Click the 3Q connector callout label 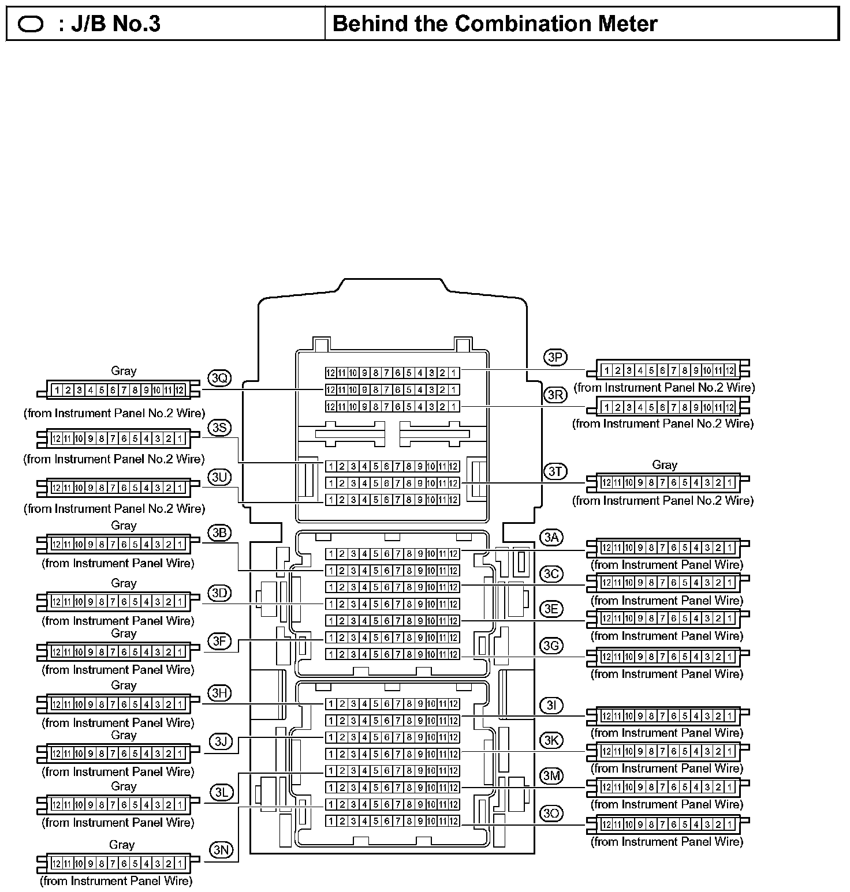click(219, 378)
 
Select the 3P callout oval click(555, 357)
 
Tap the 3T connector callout click(555, 471)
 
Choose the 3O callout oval click(551, 813)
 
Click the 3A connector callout click(551, 538)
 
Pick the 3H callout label click(219, 693)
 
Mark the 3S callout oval click(219, 428)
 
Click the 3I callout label click(551, 704)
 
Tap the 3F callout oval click(219, 640)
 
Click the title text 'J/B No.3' click(110, 24)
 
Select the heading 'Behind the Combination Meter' click(495, 24)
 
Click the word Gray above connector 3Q click(124, 371)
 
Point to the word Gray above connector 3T click(664, 464)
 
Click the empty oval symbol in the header click(31, 24)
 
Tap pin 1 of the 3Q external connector click(57, 391)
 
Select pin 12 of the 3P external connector click(730, 370)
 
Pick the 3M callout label click(551, 776)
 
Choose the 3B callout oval click(219, 533)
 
